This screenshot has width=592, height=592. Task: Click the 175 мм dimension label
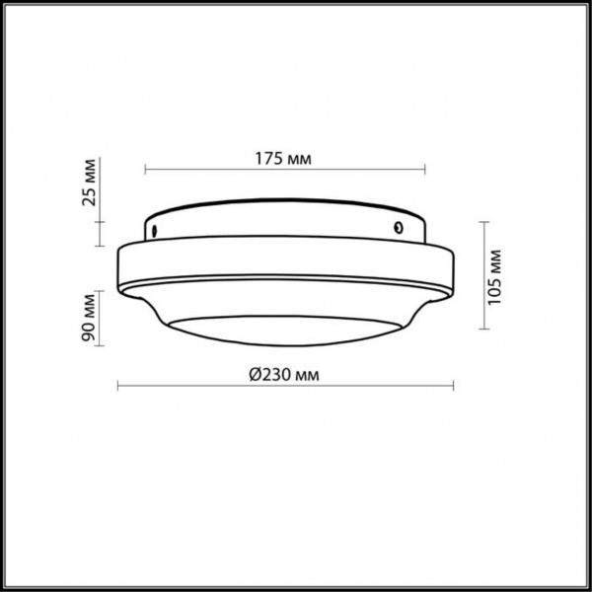285,158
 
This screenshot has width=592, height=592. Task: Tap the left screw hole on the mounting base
156,231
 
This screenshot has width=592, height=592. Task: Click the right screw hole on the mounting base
396,228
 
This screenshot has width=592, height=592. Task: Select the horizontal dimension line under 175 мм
285,170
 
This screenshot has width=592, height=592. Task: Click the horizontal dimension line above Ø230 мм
286,386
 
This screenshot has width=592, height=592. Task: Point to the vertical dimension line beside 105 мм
483,276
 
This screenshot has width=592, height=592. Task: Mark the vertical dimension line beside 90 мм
100,318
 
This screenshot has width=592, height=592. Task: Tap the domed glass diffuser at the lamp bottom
286,333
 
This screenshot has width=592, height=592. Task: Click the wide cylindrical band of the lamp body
286,264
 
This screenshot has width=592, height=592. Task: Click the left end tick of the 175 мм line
146,170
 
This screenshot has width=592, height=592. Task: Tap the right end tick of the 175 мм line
424,170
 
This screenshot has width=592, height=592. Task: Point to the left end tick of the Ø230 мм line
118,386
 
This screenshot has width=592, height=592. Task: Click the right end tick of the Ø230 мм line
455,386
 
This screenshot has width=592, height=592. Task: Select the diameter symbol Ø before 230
254,374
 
